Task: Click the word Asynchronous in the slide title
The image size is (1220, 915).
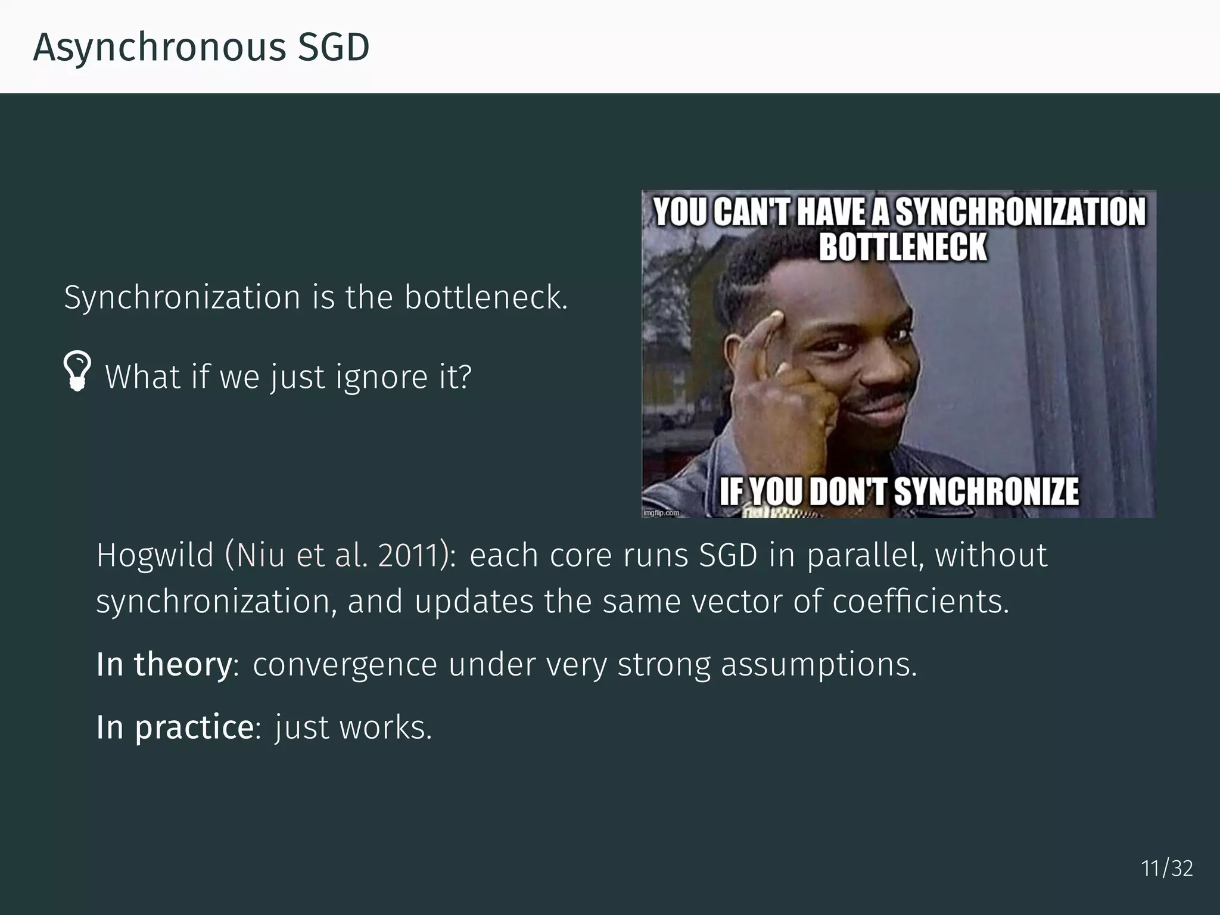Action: tap(159, 48)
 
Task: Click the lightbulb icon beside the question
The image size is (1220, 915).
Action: tap(77, 371)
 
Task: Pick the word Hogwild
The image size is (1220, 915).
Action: tap(155, 555)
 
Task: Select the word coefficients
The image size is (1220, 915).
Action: tap(920, 601)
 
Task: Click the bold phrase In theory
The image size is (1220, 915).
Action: tap(164, 664)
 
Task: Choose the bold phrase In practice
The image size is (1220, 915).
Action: tap(175, 727)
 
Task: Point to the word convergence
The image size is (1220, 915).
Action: tap(345, 664)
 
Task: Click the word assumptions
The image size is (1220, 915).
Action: tap(819, 664)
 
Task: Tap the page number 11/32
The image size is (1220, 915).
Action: tap(1166, 869)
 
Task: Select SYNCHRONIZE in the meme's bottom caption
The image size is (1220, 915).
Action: tap(986, 492)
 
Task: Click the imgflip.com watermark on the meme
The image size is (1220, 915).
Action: tap(661, 513)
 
